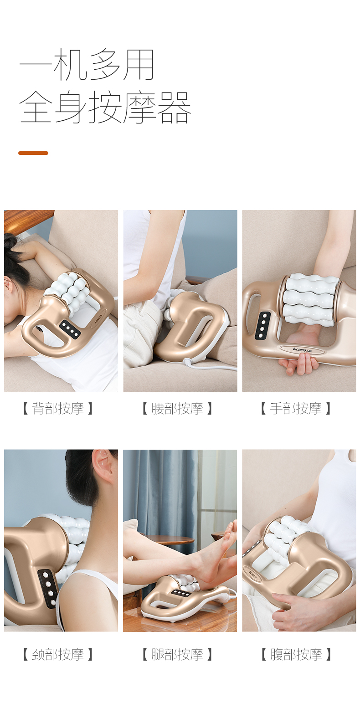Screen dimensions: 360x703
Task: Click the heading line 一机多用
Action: (x=87, y=65)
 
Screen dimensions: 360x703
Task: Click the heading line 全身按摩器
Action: (x=105, y=108)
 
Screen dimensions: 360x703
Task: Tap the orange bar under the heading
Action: (x=33, y=153)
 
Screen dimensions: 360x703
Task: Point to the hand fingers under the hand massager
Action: (x=298, y=364)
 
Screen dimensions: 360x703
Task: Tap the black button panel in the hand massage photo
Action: (x=262, y=325)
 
